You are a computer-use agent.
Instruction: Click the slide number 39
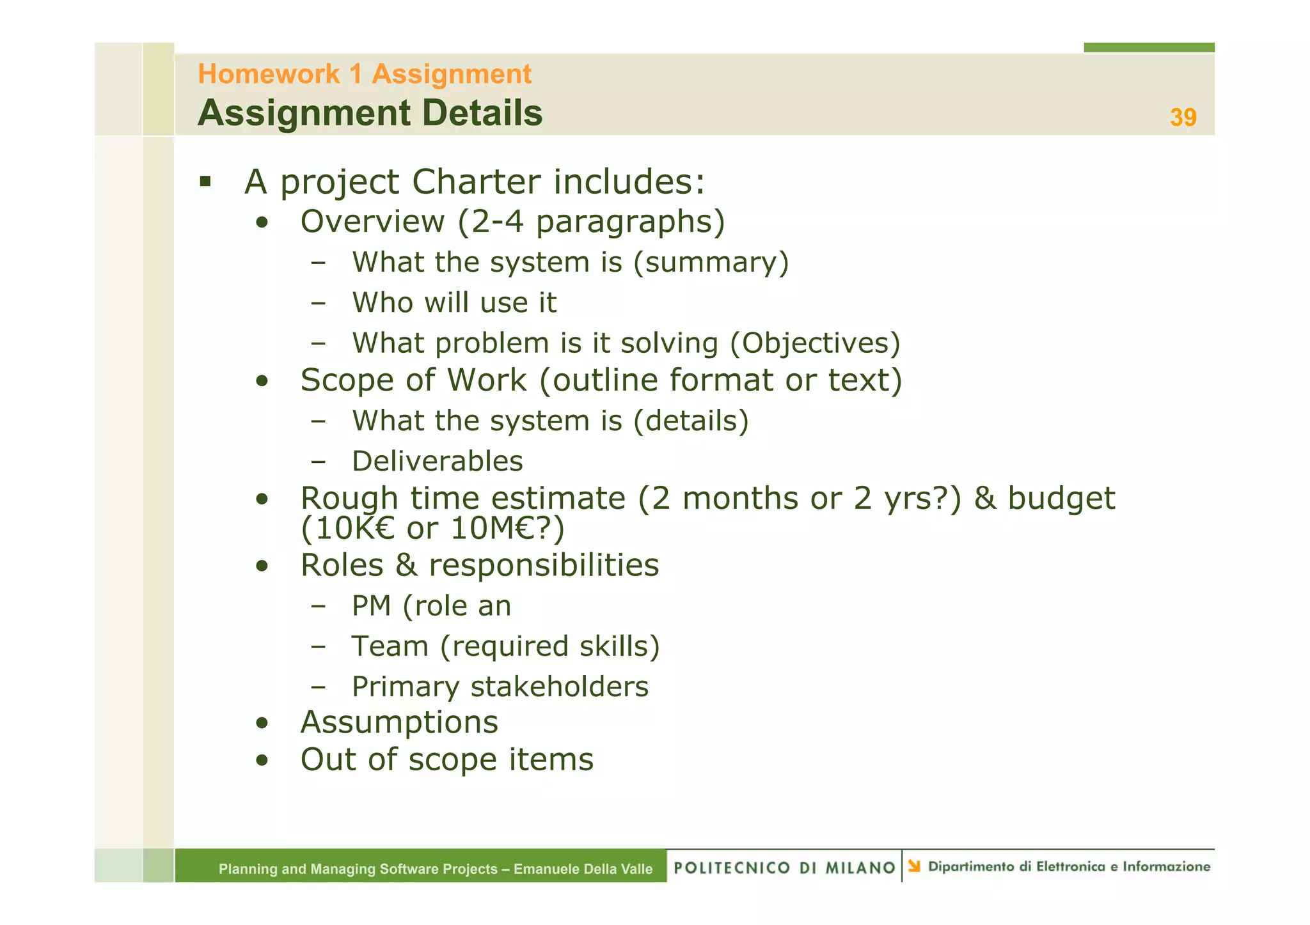(1183, 118)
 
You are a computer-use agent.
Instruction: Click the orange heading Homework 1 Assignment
(364, 74)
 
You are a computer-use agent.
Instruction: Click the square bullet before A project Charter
(205, 182)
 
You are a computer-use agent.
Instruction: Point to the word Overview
(372, 222)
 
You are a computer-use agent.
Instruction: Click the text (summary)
(711, 263)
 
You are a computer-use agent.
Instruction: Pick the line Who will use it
(454, 303)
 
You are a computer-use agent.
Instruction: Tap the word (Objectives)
(815, 343)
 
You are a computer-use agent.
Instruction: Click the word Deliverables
(438, 462)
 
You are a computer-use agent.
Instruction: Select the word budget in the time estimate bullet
(1061, 499)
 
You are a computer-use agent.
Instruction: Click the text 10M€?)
(507, 529)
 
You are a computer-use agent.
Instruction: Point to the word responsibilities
(544, 566)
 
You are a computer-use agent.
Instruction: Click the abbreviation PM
(371, 606)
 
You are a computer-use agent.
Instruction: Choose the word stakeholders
(559, 687)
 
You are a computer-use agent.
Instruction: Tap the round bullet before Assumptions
(261, 724)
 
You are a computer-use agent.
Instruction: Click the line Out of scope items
(446, 760)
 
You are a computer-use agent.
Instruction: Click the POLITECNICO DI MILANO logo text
(784, 867)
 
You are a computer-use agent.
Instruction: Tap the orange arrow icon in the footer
(914, 866)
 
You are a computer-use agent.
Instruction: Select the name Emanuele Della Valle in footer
(583, 869)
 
